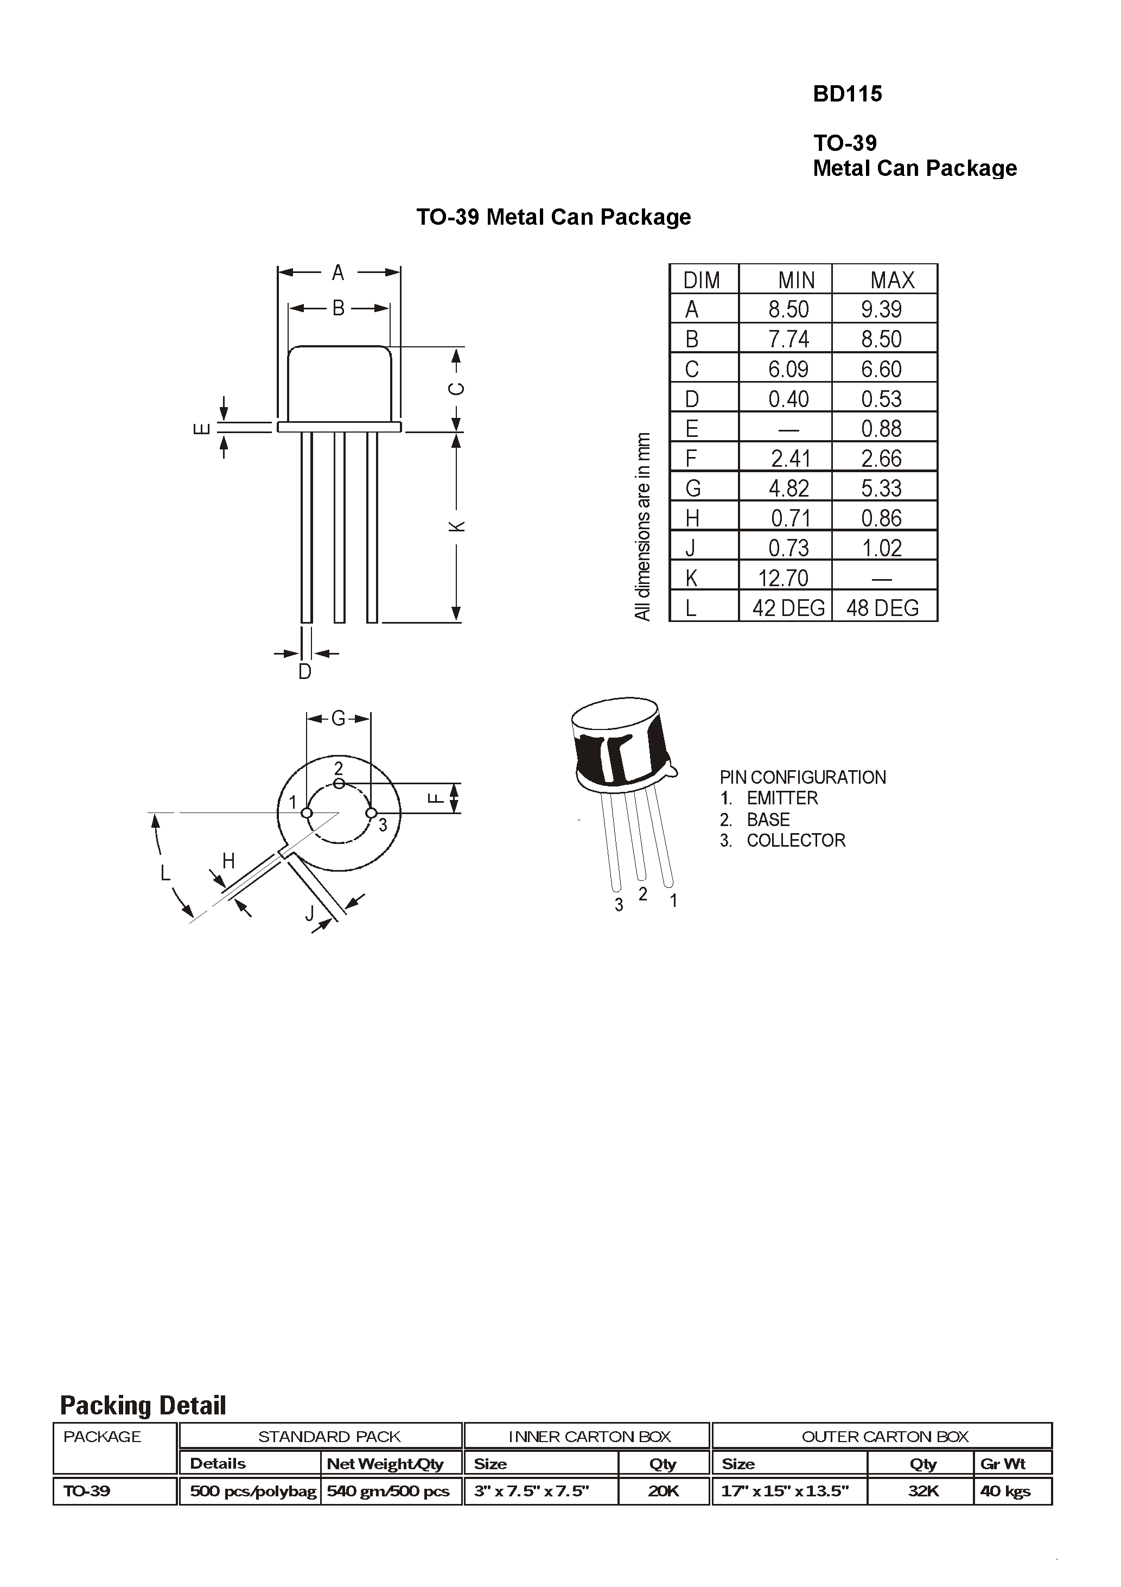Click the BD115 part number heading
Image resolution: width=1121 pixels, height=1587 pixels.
(848, 94)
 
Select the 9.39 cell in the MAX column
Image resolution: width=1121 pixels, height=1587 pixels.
(881, 309)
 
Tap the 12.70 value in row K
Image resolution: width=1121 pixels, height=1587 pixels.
(783, 577)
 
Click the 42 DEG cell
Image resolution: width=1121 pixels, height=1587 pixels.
(788, 607)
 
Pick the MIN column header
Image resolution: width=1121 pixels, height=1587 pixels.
(795, 280)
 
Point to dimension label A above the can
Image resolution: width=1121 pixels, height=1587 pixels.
(338, 272)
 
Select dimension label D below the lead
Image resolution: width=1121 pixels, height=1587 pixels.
(305, 671)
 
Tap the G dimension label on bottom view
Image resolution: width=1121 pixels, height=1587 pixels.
(338, 719)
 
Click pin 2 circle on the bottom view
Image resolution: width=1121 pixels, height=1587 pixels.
(339, 783)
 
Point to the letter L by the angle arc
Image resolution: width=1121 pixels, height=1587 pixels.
(164, 873)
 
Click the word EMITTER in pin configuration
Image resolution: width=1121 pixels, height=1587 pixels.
(782, 798)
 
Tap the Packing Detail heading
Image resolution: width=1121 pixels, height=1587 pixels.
(143, 1405)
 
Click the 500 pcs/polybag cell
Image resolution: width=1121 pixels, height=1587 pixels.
(253, 1491)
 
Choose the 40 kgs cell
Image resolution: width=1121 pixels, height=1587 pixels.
(1005, 1491)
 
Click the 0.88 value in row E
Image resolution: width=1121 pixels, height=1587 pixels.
(881, 429)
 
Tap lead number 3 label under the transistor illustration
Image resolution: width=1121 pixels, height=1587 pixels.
(619, 905)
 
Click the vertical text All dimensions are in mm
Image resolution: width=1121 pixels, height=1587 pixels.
(643, 526)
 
